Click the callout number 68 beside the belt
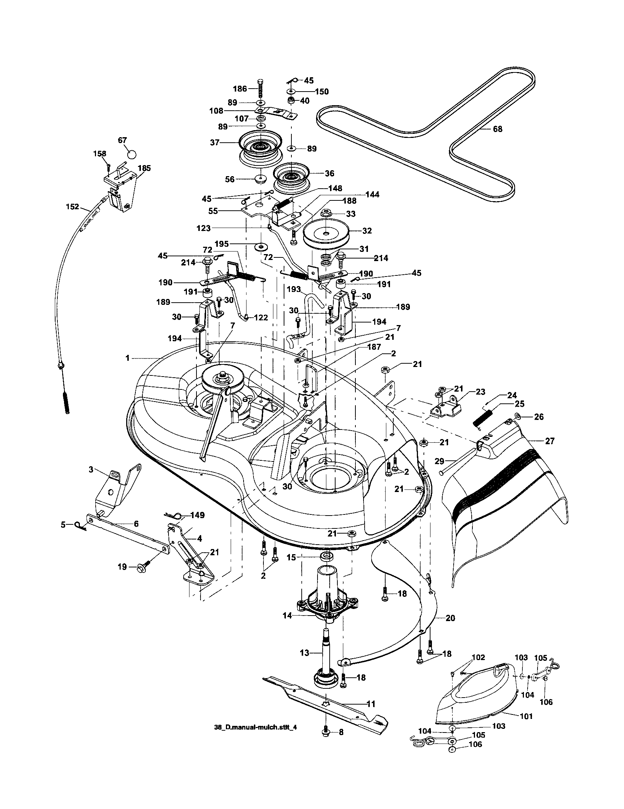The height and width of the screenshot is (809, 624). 497,129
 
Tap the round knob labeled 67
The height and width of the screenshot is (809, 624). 131,153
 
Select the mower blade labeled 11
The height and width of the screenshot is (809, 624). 326,702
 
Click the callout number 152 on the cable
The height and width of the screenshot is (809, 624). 72,207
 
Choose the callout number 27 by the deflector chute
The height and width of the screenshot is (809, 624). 550,441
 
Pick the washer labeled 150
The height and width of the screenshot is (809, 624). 291,91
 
